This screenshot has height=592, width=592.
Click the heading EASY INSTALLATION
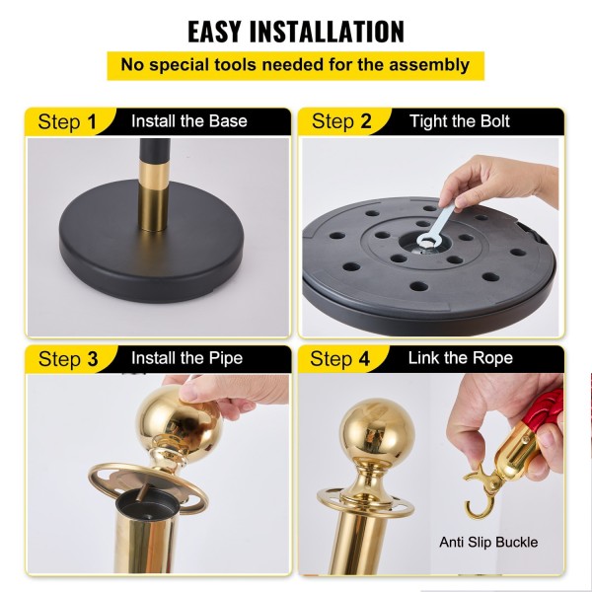(x=296, y=31)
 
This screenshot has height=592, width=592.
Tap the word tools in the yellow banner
(x=235, y=65)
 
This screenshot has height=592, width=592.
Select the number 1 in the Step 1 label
(x=92, y=122)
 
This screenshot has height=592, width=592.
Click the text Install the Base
(x=189, y=121)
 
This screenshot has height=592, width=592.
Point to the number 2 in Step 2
(x=365, y=121)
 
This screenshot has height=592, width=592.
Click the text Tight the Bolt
(x=460, y=121)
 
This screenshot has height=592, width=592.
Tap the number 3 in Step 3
(x=93, y=359)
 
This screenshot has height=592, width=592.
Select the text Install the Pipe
(x=186, y=358)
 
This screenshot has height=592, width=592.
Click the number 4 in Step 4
(x=364, y=358)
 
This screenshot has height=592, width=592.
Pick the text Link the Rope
(x=460, y=358)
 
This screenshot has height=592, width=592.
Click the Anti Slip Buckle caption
(x=488, y=542)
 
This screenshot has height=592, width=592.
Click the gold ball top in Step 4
(x=377, y=430)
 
